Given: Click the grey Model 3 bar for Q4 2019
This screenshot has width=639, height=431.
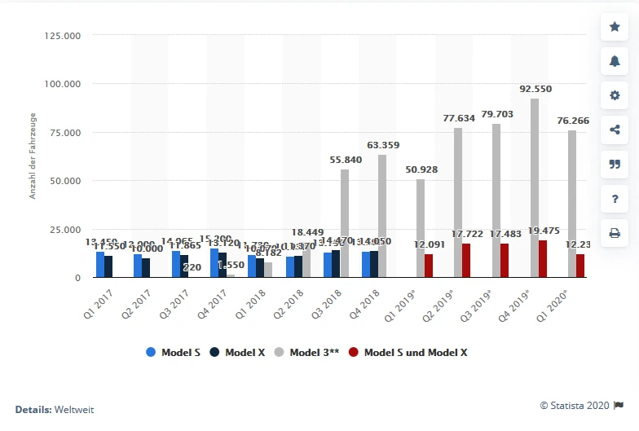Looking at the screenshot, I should pos(535,188).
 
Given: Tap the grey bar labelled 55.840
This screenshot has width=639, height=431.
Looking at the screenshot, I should pos(345,223).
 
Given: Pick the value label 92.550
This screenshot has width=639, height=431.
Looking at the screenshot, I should pos(535,89).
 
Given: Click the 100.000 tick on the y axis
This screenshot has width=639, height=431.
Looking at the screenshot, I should pos(64,84).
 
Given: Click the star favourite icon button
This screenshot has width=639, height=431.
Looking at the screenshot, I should pos(615,27).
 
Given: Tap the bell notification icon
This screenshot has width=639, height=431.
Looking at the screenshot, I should pos(615,61).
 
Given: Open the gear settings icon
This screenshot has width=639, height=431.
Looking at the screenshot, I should pos(615,95).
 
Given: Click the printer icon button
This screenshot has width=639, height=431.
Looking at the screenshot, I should pos(615,232).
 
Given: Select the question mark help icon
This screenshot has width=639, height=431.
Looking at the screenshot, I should pos(615,198).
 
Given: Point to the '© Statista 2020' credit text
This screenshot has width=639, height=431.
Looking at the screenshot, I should pos(575,405).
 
